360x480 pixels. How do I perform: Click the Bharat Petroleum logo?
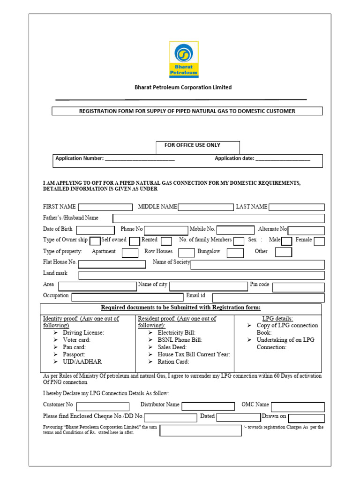[184, 59]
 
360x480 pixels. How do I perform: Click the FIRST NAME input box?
[105, 207]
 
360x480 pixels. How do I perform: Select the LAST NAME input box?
[296, 207]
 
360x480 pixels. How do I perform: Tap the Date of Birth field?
[95, 230]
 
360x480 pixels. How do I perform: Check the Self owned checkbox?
[95, 241]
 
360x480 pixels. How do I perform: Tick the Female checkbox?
[319, 241]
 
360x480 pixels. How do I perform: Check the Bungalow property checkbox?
[235, 253]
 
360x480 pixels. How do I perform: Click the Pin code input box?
[298, 287]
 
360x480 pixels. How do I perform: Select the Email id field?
[268, 298]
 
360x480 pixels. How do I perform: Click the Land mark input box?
[202, 275]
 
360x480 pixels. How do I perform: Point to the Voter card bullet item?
[76, 340]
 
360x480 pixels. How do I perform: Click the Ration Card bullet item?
[173, 362]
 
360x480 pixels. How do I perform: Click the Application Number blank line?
[140, 159]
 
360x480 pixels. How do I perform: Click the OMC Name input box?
[298, 406]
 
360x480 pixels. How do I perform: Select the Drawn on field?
[306, 418]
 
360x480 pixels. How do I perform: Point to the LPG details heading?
[277, 318]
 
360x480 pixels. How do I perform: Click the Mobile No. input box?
[237, 230]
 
